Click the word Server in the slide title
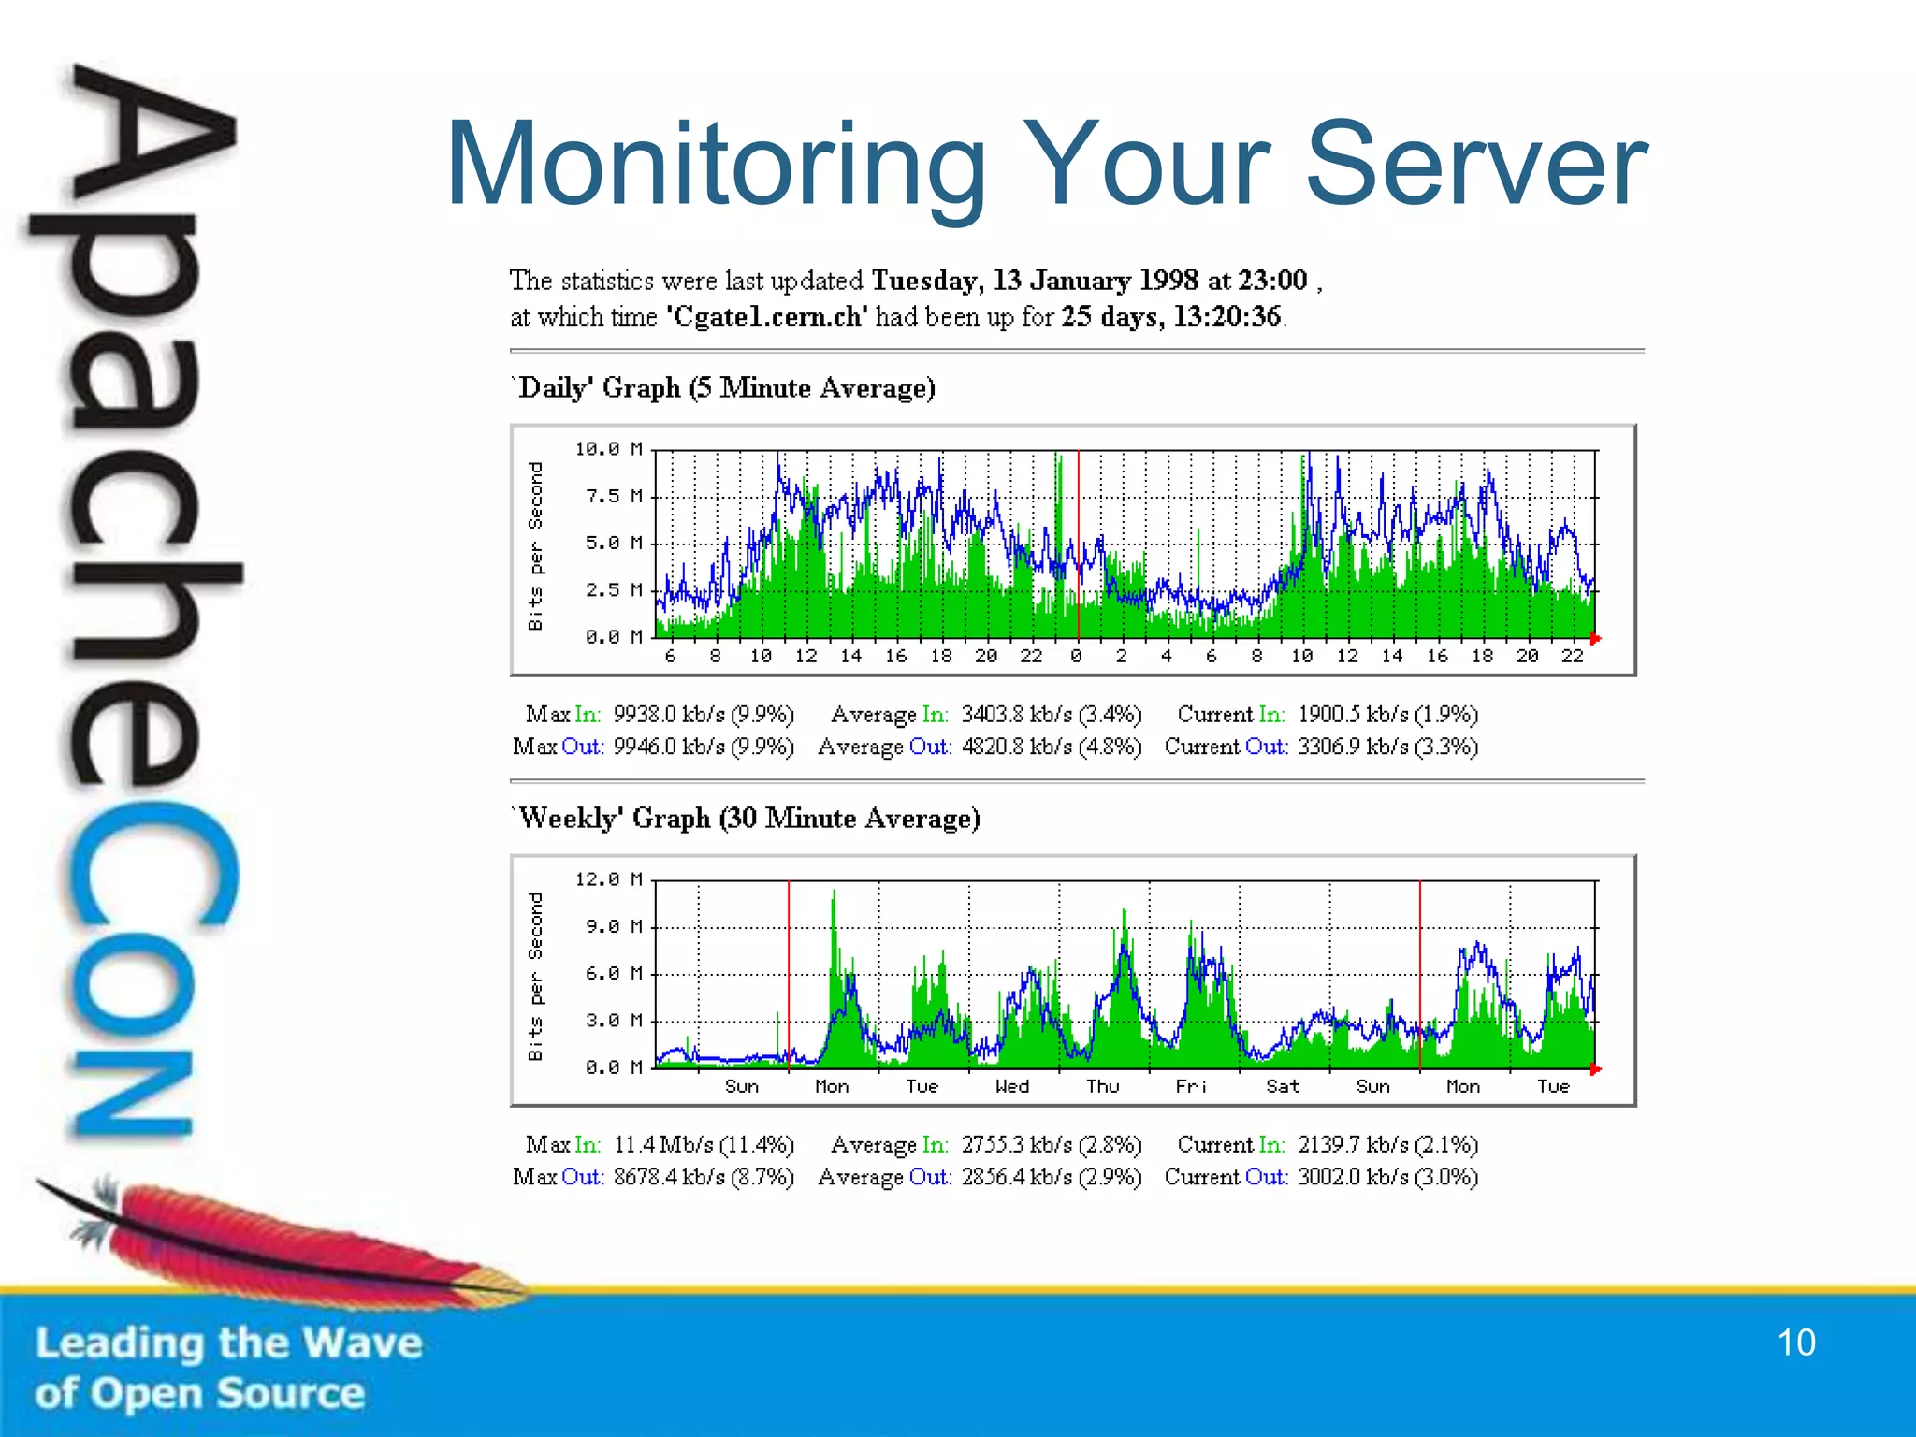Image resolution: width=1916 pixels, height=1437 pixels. (x=1475, y=167)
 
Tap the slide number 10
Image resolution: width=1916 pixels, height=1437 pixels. (x=1795, y=1343)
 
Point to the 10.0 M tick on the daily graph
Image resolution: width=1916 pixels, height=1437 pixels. (x=608, y=450)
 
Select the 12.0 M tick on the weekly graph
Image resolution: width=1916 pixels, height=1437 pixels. (x=608, y=880)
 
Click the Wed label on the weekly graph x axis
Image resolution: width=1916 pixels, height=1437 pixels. (x=1011, y=1087)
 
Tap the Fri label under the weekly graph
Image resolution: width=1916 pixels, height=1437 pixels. (x=1191, y=1087)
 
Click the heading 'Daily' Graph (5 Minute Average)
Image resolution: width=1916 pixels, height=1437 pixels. (x=724, y=388)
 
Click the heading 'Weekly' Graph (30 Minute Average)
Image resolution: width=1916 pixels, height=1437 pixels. (x=747, y=819)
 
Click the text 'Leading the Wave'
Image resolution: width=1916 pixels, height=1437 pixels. (x=229, y=1343)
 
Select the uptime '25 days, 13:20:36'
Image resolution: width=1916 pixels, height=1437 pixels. (x=1170, y=317)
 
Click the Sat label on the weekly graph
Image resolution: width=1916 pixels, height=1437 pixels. (x=1282, y=1087)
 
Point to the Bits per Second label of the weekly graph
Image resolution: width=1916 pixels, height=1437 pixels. (x=535, y=976)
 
